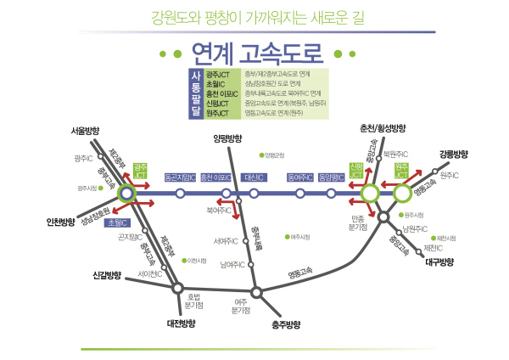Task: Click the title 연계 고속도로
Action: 255,55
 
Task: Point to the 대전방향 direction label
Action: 182,323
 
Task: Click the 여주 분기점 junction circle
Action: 257,293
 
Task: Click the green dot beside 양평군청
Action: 261,155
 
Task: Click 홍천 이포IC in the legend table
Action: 219,93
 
